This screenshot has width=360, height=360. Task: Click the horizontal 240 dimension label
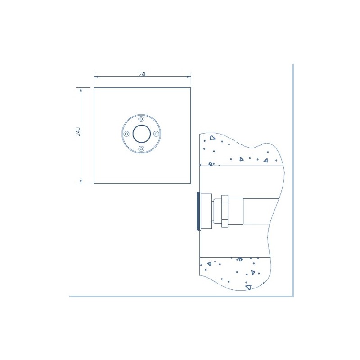pos(143,74)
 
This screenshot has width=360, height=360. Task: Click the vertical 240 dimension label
pos(78,131)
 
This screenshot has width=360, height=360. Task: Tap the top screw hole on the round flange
pos(141,119)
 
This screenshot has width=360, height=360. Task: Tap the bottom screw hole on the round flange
pos(141,149)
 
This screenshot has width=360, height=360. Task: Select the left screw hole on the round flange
pos(126,134)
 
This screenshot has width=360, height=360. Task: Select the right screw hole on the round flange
pos(156,134)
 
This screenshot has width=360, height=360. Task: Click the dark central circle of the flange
pos(142,134)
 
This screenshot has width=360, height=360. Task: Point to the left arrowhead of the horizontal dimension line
pos(96,76)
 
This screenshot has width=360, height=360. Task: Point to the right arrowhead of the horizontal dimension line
pos(189,76)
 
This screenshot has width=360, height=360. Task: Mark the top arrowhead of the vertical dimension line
pos(81,90)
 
